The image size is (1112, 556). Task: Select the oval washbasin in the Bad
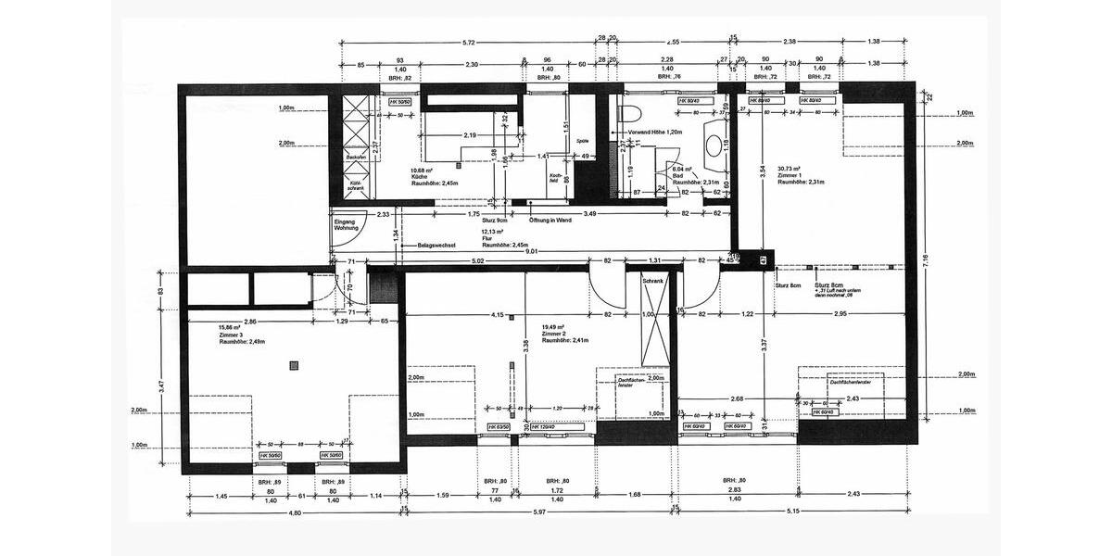714,145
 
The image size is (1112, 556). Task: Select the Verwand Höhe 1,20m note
654,132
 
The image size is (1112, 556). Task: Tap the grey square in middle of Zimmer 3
295,364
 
